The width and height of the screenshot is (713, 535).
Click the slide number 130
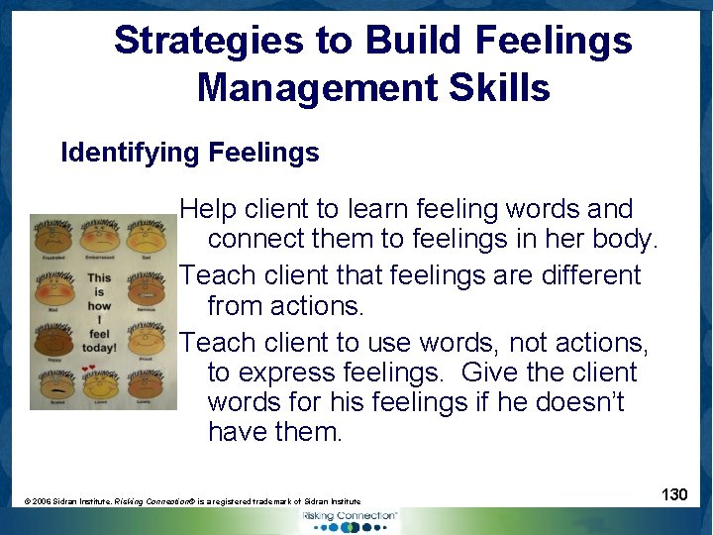674,493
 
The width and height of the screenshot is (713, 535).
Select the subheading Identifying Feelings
190,153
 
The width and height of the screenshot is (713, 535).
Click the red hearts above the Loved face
94,369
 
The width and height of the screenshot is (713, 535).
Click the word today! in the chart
100,349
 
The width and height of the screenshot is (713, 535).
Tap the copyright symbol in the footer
28,502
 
